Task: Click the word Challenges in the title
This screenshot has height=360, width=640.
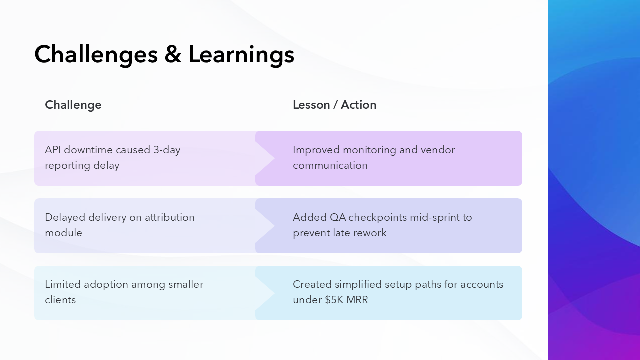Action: click(x=96, y=54)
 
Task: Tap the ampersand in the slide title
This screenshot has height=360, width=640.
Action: click(x=173, y=54)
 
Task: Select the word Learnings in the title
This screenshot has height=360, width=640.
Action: click(x=241, y=54)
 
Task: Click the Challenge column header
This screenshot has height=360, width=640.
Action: click(x=73, y=105)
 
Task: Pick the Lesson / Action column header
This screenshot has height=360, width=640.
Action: click(x=334, y=105)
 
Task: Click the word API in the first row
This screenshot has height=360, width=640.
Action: click(x=53, y=150)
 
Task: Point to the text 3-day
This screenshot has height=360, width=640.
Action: click(x=167, y=150)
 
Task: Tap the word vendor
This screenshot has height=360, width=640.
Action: click(x=438, y=150)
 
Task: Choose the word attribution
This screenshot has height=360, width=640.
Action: click(x=169, y=217)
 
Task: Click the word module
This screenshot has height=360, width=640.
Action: click(x=63, y=233)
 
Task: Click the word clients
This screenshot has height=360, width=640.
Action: click(x=60, y=300)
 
